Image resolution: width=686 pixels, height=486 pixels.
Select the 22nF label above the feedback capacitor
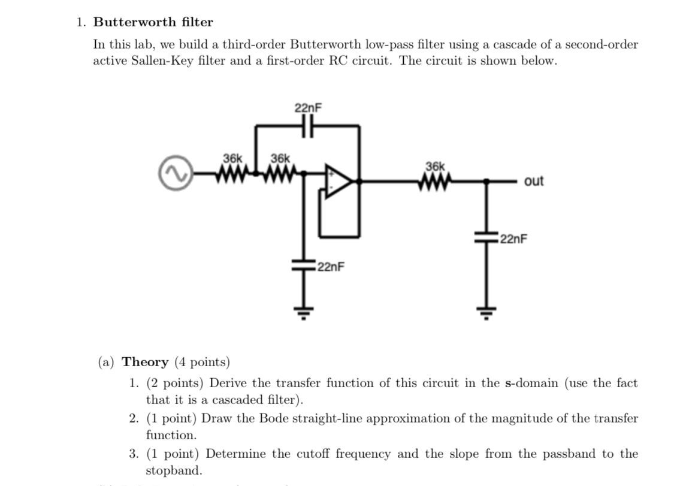point(309,108)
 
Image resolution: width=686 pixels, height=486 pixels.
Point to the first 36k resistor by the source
point(232,174)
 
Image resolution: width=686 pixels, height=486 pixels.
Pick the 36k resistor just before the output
point(436,179)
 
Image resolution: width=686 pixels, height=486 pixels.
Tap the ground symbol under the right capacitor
point(486,316)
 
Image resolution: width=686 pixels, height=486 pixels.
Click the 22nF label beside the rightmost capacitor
point(513,240)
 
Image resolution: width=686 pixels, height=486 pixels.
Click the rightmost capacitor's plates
point(486,236)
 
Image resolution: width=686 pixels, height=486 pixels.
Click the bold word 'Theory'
point(146,362)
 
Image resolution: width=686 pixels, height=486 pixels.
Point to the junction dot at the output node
point(486,180)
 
